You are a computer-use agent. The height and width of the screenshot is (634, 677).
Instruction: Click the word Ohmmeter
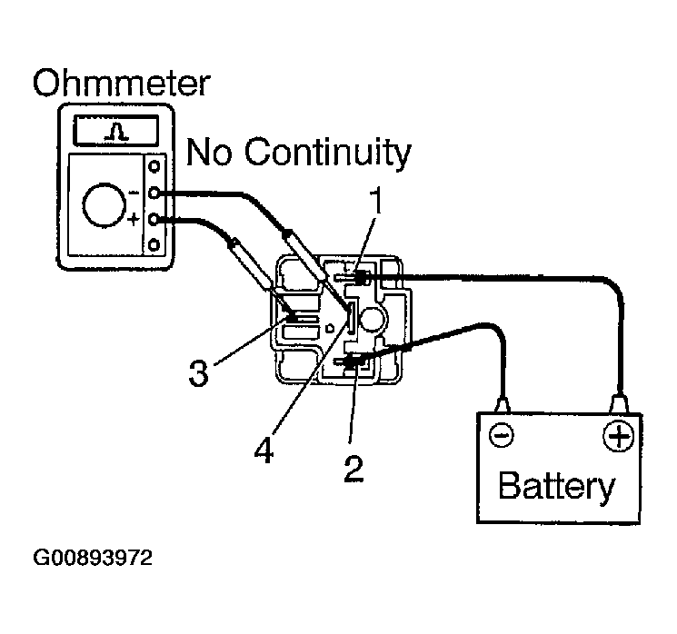[121, 84]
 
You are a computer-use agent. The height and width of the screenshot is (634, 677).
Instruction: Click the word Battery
[556, 487]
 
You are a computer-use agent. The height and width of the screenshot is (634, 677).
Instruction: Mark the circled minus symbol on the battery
[502, 437]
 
